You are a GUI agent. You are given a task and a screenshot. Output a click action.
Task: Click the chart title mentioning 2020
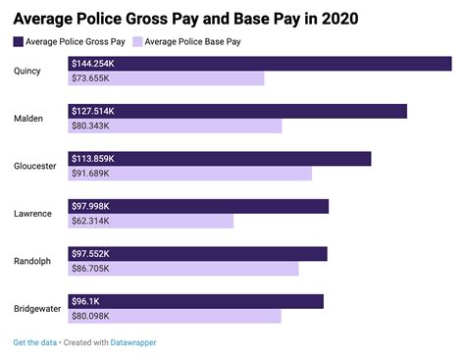pyautogui.click(x=185, y=18)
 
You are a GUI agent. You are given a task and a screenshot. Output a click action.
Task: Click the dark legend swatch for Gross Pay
pyautogui.click(x=20, y=41)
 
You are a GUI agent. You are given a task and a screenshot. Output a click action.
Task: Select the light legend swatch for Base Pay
pyautogui.click(x=137, y=41)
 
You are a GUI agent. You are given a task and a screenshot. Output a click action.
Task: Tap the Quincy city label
pyautogui.click(x=27, y=71)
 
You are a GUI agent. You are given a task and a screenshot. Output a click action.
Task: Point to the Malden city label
pyautogui.click(x=27, y=119)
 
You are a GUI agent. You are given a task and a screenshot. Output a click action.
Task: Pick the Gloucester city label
pyautogui.click(x=35, y=166)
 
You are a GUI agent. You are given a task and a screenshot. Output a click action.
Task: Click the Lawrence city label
pyautogui.click(x=32, y=214)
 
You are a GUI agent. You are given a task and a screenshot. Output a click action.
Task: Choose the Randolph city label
pyautogui.click(x=32, y=261)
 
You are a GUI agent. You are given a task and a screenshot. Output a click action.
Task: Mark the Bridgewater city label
pyautogui.click(x=38, y=309)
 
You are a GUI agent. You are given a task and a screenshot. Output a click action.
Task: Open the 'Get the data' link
pyautogui.click(x=34, y=342)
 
